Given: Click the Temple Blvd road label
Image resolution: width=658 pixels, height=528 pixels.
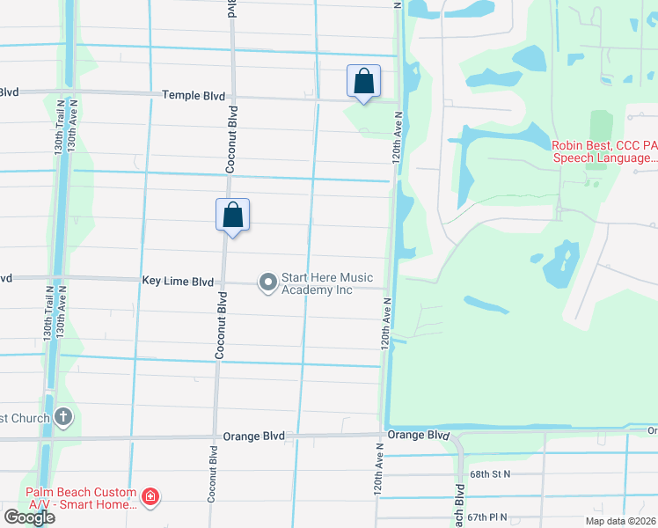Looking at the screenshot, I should pyautogui.click(x=194, y=95).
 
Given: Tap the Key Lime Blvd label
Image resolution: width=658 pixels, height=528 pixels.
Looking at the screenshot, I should pyautogui.click(x=178, y=282).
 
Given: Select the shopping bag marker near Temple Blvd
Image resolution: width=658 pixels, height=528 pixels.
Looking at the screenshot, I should pyautogui.click(x=363, y=82).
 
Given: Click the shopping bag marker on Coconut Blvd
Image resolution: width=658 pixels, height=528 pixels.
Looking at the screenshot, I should pyautogui.click(x=233, y=215).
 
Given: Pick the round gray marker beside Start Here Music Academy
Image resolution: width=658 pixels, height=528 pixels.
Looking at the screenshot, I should pyautogui.click(x=267, y=282).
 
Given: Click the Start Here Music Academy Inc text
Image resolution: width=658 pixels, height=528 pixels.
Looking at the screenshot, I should pyautogui.click(x=317, y=282).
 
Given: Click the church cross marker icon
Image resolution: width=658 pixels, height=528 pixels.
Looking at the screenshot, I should pyautogui.click(x=62, y=417).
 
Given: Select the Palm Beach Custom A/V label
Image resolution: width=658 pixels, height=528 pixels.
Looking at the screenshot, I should pyautogui.click(x=80, y=498).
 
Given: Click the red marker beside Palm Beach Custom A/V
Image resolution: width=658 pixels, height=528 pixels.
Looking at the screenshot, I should pyautogui.click(x=150, y=498).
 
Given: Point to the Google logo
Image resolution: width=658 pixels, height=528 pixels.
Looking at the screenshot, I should pyautogui.click(x=29, y=517).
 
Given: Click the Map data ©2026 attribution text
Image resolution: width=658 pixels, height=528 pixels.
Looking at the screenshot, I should pyautogui.click(x=621, y=521).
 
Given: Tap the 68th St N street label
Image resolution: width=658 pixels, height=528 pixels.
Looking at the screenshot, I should pyautogui.click(x=490, y=473).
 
